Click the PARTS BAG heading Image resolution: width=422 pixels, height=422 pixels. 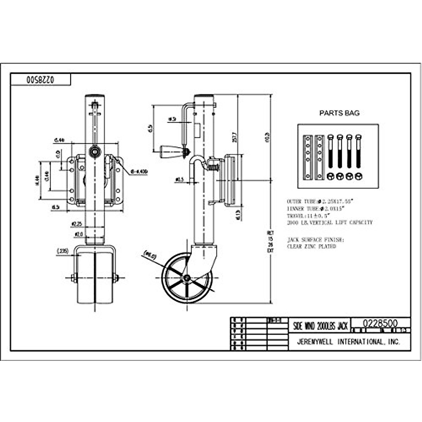click(x=339, y=113)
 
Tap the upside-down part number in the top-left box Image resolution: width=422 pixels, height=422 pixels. click(x=40, y=80)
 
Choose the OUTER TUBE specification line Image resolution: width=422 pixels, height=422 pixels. click(x=320, y=202)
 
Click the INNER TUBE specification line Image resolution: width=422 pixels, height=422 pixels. click(x=315, y=209)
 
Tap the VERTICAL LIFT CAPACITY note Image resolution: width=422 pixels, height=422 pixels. click(x=330, y=223)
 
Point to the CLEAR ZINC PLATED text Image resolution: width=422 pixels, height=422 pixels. click(x=312, y=247)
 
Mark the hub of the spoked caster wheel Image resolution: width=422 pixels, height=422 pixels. click(x=187, y=278)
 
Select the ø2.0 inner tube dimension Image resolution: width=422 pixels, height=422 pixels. click(x=78, y=234)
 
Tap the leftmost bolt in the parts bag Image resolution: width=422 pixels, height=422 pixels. click(x=331, y=151)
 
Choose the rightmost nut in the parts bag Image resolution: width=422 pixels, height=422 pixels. click(x=358, y=176)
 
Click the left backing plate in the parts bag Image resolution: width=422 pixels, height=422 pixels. click(x=308, y=157)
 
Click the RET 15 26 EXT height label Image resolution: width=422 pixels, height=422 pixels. click(x=270, y=242)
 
